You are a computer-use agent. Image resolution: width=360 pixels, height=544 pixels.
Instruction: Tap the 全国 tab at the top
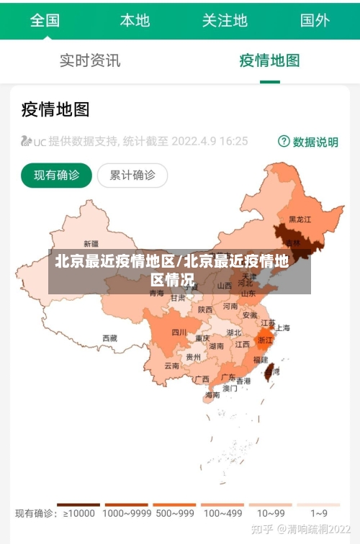(45, 20)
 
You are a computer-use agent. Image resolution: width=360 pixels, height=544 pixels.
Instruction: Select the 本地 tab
(135, 20)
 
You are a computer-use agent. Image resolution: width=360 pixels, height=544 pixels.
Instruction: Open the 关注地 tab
(225, 20)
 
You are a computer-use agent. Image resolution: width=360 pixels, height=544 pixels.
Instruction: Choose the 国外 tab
(315, 20)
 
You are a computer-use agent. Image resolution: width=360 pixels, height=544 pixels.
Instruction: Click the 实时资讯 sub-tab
(90, 60)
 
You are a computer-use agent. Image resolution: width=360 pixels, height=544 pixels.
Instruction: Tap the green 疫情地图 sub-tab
(269, 60)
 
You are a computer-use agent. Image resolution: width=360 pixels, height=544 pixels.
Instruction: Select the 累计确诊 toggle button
(132, 175)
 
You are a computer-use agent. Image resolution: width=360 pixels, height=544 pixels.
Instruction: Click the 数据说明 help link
(308, 142)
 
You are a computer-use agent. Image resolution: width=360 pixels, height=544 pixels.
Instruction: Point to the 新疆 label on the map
(91, 243)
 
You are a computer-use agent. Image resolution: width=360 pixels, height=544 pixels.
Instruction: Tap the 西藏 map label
(109, 337)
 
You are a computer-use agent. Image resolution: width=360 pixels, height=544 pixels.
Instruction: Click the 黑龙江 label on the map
(300, 219)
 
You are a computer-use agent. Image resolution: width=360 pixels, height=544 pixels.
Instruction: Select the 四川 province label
(179, 332)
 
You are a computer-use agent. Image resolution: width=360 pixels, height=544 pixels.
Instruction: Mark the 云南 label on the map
(171, 366)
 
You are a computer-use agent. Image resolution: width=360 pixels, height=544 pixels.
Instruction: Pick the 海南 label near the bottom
(212, 394)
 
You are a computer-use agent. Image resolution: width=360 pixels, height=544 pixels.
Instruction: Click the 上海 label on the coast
(283, 327)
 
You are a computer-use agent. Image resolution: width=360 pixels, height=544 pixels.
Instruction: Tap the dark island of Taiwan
(270, 371)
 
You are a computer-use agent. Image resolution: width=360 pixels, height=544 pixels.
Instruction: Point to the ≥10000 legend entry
(78, 513)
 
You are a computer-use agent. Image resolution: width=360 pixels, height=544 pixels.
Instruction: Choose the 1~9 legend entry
(319, 513)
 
